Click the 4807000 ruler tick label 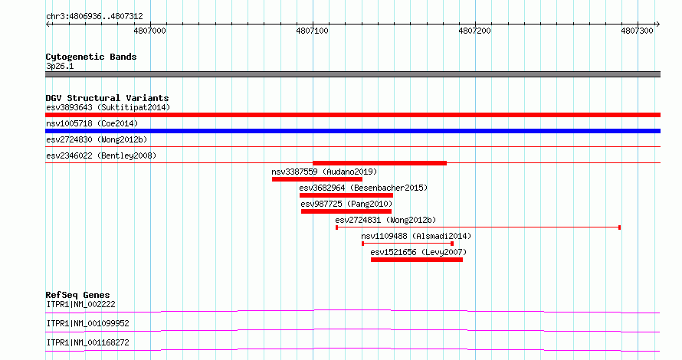149,31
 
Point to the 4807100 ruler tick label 313,31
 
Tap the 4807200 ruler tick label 474,31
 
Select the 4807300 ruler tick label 638,31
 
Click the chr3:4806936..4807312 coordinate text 94,17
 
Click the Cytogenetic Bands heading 91,57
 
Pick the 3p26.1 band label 60,67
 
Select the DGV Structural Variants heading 107,98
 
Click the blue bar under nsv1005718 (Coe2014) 352,131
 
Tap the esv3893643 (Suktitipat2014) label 108,108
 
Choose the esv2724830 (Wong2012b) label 97,140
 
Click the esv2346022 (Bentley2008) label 101,155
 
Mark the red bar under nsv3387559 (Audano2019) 317,179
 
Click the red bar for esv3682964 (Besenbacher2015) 346,195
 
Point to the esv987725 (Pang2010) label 346,204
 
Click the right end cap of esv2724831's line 619,227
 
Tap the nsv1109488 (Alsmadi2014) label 416,236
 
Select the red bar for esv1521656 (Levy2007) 417,260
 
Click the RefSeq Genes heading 78,295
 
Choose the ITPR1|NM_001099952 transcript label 88,323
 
